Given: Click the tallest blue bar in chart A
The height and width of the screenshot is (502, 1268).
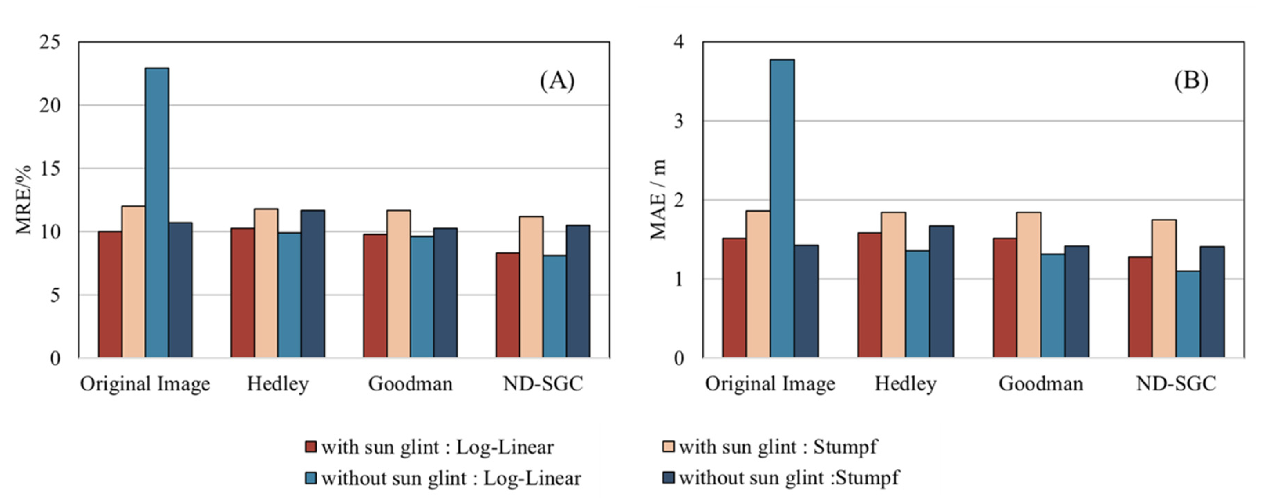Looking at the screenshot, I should click(x=157, y=212).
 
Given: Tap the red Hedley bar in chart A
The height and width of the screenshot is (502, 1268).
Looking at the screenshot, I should click(x=243, y=292).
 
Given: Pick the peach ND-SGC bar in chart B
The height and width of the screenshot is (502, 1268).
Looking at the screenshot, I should click(x=1164, y=288).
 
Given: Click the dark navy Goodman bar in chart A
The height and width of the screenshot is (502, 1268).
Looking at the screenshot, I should click(x=446, y=292).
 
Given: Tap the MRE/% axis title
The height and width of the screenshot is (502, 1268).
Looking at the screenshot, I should click(x=23, y=199).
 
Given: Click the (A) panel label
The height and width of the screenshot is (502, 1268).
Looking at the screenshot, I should click(x=557, y=80).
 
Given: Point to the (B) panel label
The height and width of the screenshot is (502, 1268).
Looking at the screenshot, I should click(x=1191, y=80).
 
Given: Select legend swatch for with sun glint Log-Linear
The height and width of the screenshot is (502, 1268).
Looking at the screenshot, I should click(x=311, y=447).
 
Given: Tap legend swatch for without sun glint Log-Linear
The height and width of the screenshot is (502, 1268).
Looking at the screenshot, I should click(x=311, y=478).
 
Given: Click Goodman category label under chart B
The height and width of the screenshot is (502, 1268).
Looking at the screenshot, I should click(x=1041, y=384).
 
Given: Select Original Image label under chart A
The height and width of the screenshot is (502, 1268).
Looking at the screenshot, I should click(x=145, y=384).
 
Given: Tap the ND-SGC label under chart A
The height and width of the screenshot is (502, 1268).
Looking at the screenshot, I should click(x=543, y=384).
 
